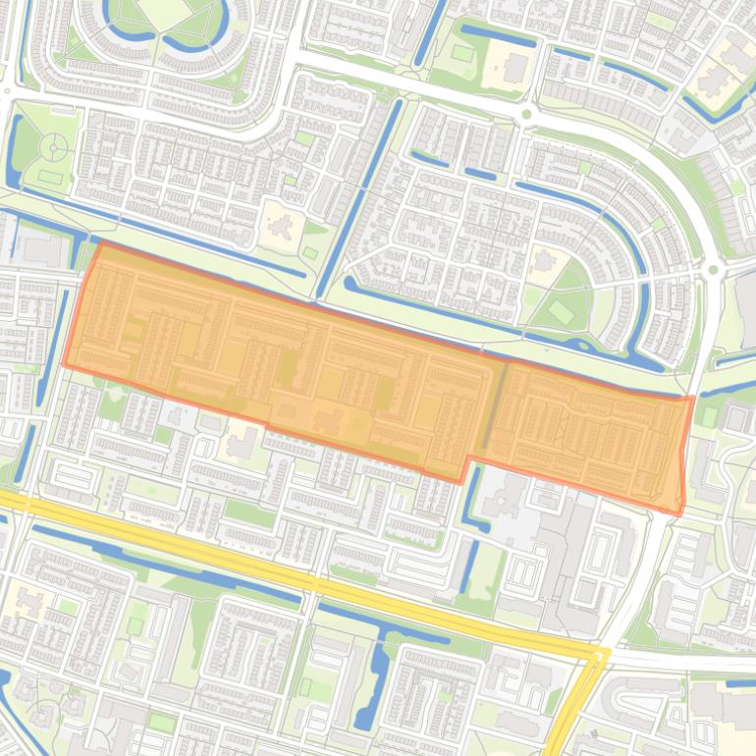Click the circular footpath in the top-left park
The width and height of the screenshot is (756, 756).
pyautogui.click(x=54, y=147)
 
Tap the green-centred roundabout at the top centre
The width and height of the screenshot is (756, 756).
pyautogui.click(x=526, y=115)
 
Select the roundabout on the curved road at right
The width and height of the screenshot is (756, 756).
pyautogui.click(x=714, y=270)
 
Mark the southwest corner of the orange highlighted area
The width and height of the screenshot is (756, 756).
pyautogui.click(x=65, y=365)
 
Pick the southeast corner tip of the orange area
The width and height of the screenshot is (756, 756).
pyautogui.click(x=679, y=513)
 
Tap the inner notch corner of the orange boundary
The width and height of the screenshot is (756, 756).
pyautogui.click(x=469, y=457)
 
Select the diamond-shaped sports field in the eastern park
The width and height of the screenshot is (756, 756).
pyautogui.click(x=560, y=313)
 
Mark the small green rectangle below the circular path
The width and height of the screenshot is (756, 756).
pyautogui.click(x=50, y=179)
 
